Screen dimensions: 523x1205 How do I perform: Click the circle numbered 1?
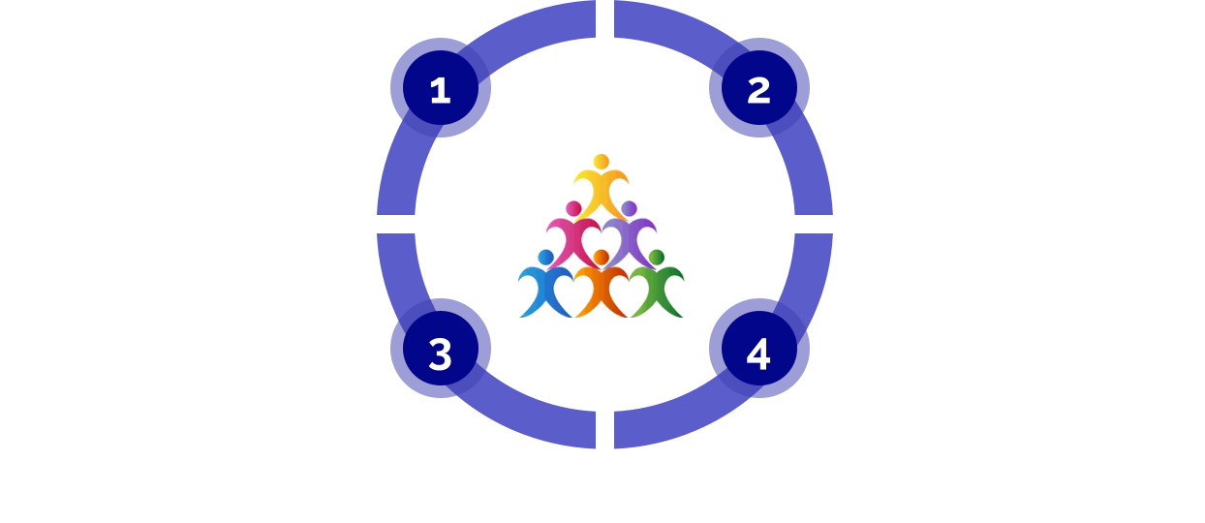click(x=441, y=89)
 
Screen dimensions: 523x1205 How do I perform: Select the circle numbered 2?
click(x=758, y=89)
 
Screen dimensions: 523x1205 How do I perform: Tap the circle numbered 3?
click(x=441, y=354)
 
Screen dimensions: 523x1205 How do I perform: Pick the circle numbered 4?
click(x=758, y=354)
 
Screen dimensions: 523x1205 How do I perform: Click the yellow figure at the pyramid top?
click(x=601, y=190)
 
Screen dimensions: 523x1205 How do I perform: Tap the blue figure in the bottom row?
click(x=545, y=292)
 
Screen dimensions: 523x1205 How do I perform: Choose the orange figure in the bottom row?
click(x=602, y=292)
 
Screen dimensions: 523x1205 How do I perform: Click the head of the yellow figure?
click(x=601, y=160)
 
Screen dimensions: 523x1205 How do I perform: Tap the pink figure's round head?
click(x=573, y=208)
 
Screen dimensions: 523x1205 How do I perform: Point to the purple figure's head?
click(x=629, y=208)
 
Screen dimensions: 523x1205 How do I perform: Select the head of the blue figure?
click(x=546, y=257)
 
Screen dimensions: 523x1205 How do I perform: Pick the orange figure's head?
click(x=602, y=257)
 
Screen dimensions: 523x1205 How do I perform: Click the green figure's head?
click(x=657, y=257)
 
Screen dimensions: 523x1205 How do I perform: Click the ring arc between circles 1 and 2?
click(x=601, y=20)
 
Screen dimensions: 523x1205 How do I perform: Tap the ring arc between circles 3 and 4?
click(x=601, y=426)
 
